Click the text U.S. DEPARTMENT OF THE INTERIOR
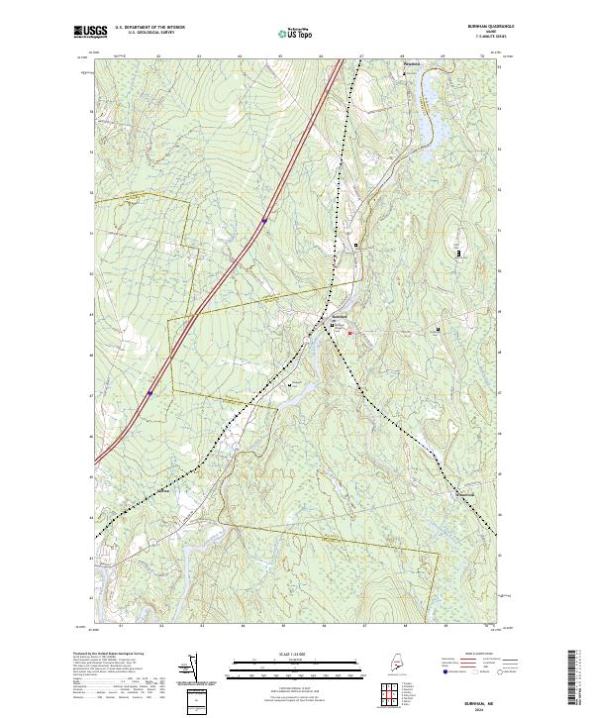(x=149, y=28)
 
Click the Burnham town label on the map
(x=337, y=316)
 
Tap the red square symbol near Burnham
(x=349, y=333)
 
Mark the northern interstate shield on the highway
(x=264, y=221)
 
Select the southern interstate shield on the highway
(x=150, y=393)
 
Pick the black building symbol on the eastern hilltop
(x=459, y=254)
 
